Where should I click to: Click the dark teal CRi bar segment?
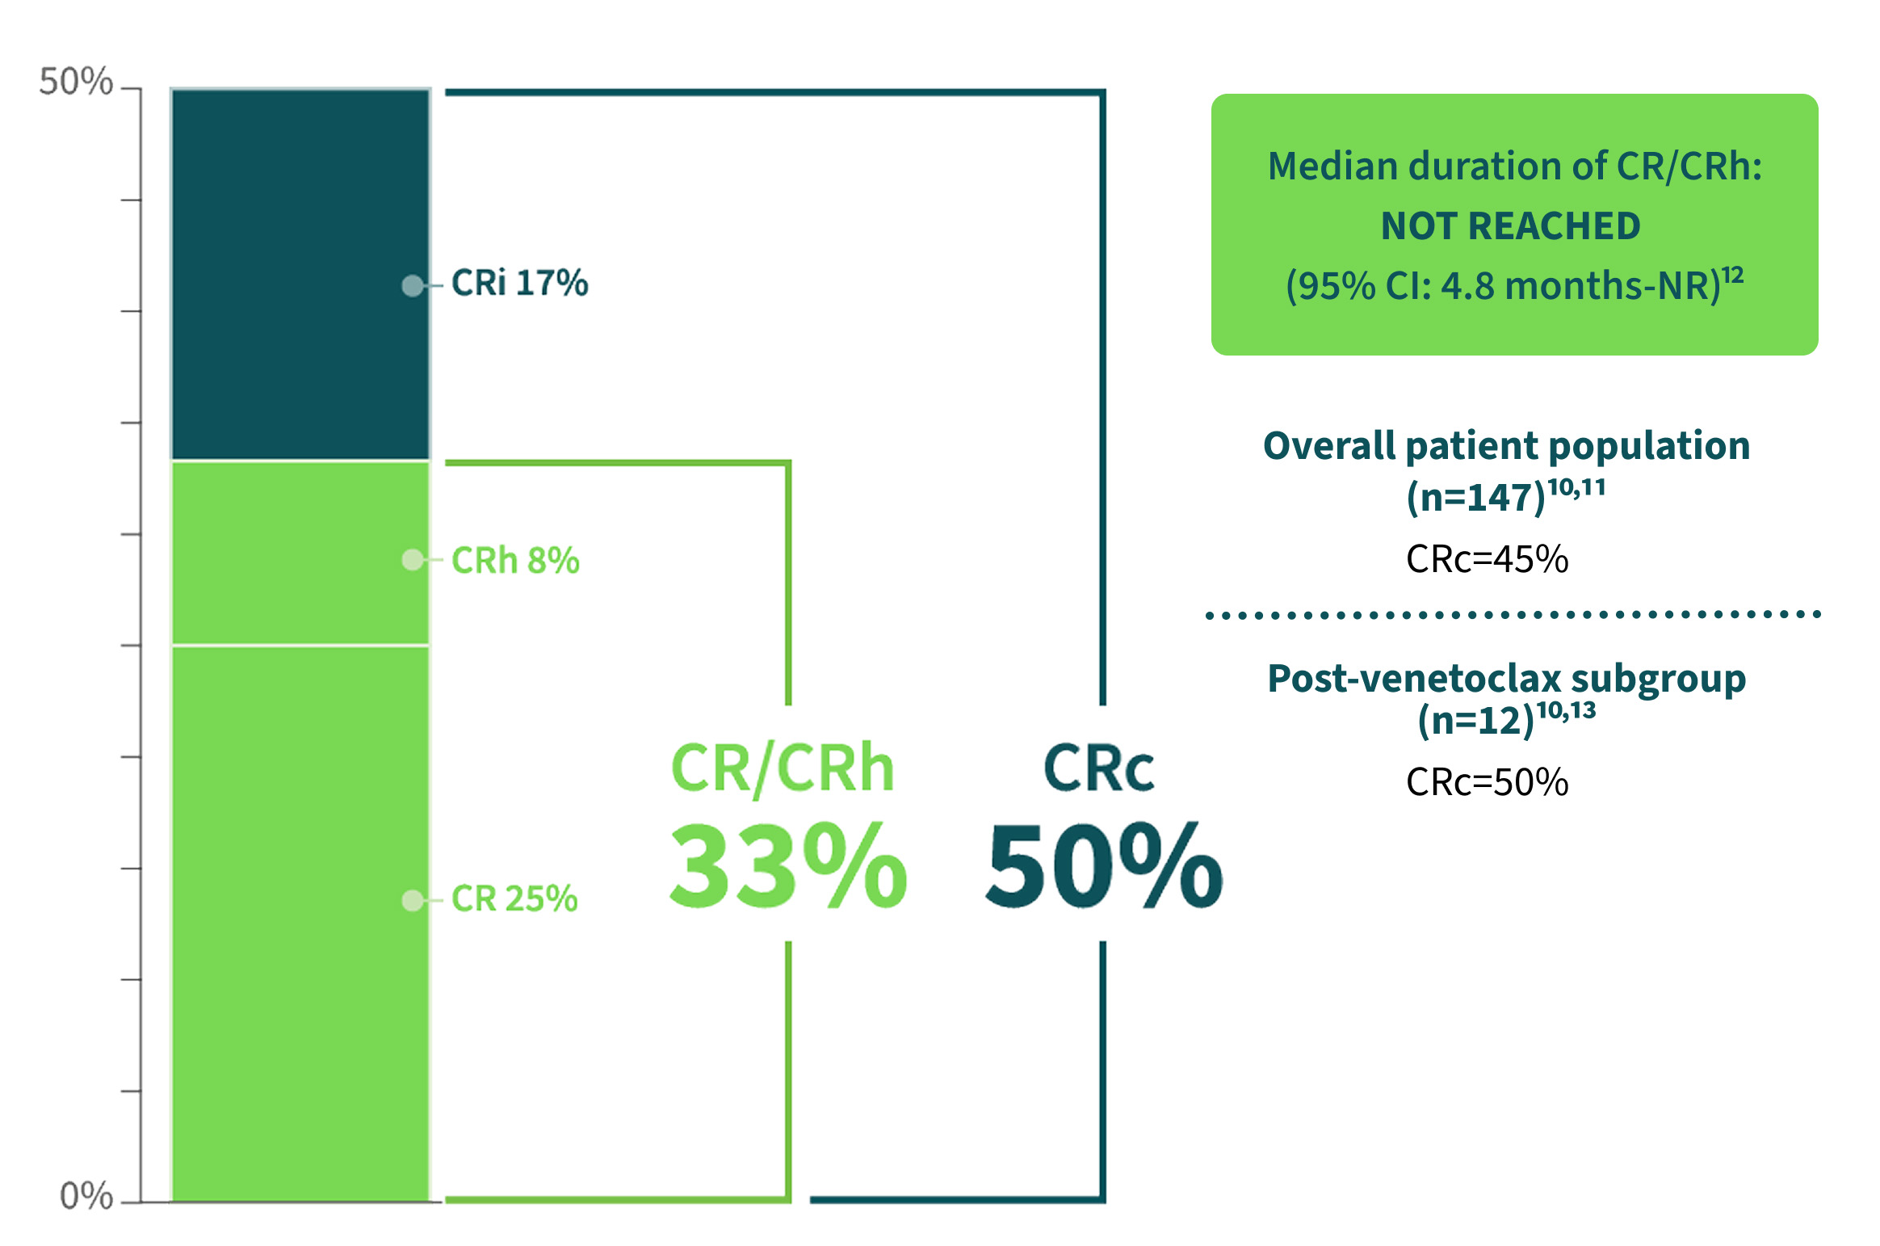tap(300, 274)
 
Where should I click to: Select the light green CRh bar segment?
tap(300, 554)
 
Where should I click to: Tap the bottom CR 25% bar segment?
tap(300, 924)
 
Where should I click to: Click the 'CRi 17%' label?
tap(519, 283)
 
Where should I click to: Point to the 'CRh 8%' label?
tap(515, 560)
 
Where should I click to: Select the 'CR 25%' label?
tap(514, 898)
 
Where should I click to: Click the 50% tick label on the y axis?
tap(76, 82)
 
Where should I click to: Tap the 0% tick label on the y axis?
tap(86, 1195)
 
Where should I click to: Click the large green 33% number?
tap(788, 865)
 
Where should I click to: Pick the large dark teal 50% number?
tap(1104, 865)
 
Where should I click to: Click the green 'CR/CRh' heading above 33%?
tap(783, 768)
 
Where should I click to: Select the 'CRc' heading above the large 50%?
tap(1098, 767)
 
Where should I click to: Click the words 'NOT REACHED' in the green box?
tap(1511, 225)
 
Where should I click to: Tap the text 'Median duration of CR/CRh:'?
tap(1515, 166)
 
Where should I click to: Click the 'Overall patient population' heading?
tap(1507, 446)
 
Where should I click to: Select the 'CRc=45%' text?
tap(1488, 559)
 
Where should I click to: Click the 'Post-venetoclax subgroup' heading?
tap(1507, 679)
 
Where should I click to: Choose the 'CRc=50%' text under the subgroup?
tap(1488, 782)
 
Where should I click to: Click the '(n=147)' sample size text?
tap(1476, 497)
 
